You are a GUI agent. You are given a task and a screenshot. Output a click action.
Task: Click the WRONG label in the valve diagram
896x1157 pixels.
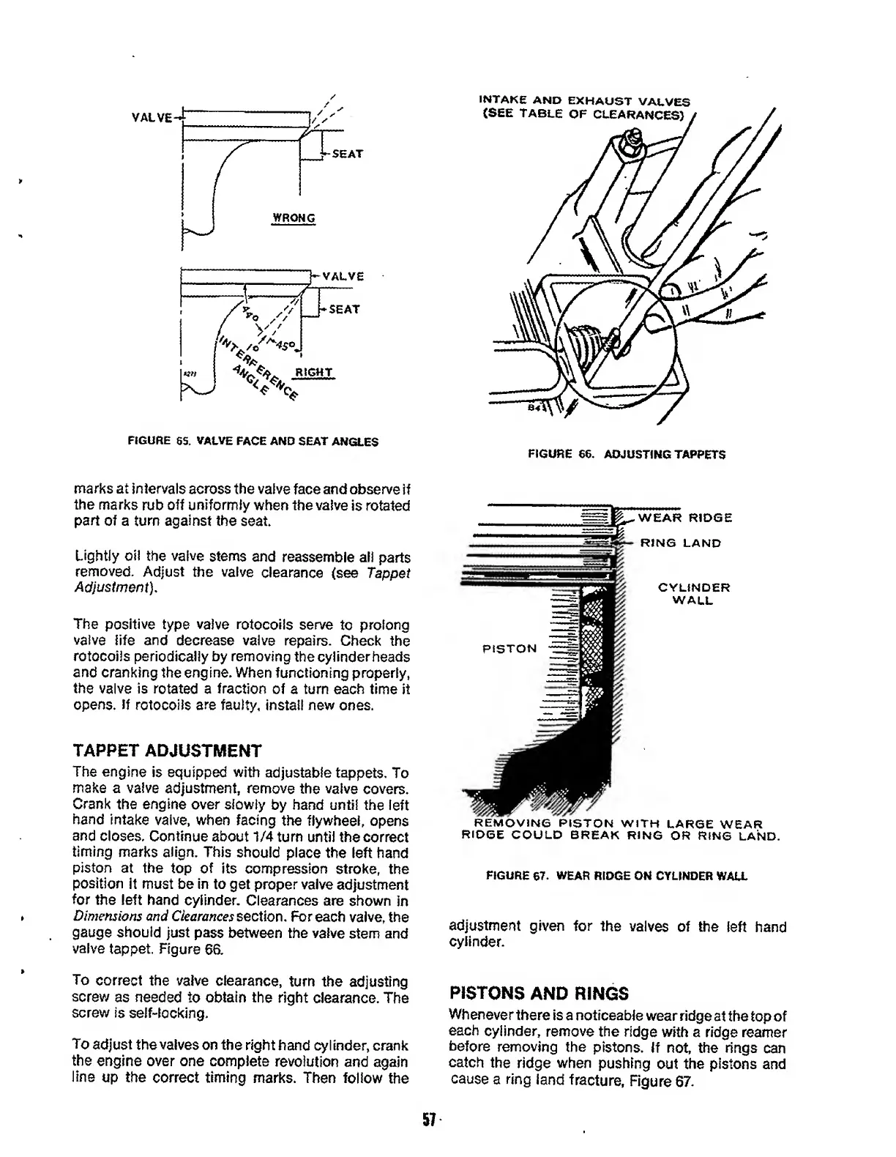point(293,218)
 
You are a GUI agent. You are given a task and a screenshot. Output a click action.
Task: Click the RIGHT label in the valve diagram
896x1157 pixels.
point(313,373)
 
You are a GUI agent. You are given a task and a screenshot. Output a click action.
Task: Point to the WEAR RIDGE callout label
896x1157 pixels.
point(685,518)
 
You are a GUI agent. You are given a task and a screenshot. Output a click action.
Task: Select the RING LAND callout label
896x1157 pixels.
point(681,543)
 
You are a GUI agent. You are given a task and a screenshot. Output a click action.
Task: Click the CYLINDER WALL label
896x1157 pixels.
point(694,594)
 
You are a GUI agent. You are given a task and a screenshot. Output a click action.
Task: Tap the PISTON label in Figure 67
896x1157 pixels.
point(509,648)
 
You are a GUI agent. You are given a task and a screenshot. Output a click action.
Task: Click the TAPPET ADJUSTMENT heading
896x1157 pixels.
point(167,751)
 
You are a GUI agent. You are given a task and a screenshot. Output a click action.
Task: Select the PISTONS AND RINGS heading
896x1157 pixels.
point(539,993)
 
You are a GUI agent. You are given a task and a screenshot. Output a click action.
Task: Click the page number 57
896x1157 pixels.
point(429,1120)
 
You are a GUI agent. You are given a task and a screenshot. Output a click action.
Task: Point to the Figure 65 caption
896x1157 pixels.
point(253,442)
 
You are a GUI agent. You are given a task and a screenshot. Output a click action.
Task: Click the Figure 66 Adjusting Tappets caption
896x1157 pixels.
point(627,454)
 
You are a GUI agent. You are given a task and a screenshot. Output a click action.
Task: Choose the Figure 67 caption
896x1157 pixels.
point(616,875)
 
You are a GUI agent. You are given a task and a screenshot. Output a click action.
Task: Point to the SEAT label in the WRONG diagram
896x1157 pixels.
point(347,155)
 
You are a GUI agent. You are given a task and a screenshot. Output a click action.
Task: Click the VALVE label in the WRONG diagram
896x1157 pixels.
point(152,117)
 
